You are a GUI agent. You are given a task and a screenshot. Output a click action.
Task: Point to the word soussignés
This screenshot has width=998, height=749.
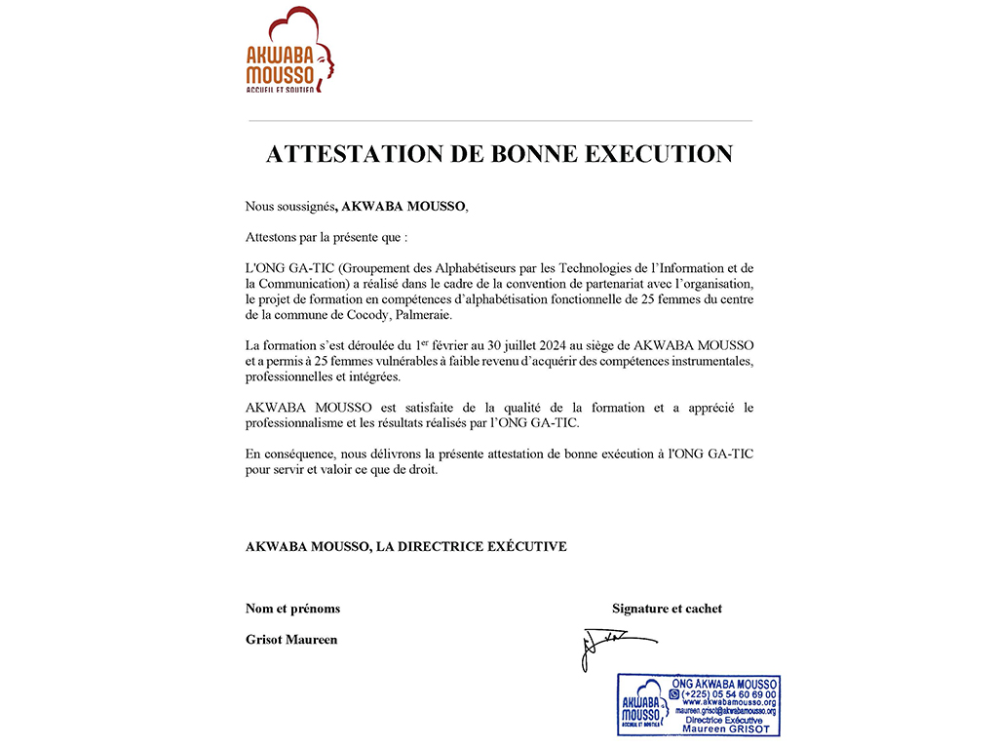pyautogui.click(x=305, y=207)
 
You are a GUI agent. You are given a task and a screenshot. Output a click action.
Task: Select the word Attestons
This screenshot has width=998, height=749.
pyautogui.click(x=273, y=237)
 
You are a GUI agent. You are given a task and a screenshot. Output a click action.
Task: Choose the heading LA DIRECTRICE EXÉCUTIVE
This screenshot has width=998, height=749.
pyautogui.click(x=472, y=547)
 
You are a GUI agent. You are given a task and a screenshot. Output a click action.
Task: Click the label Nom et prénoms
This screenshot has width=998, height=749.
pyautogui.click(x=292, y=609)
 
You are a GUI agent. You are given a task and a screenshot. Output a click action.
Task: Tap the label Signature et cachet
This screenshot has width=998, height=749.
pyautogui.click(x=667, y=609)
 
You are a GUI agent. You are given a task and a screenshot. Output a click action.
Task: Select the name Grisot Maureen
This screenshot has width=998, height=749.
pyautogui.click(x=291, y=640)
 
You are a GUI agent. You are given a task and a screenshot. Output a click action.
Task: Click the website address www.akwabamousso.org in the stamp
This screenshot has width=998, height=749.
pyautogui.click(x=729, y=703)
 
